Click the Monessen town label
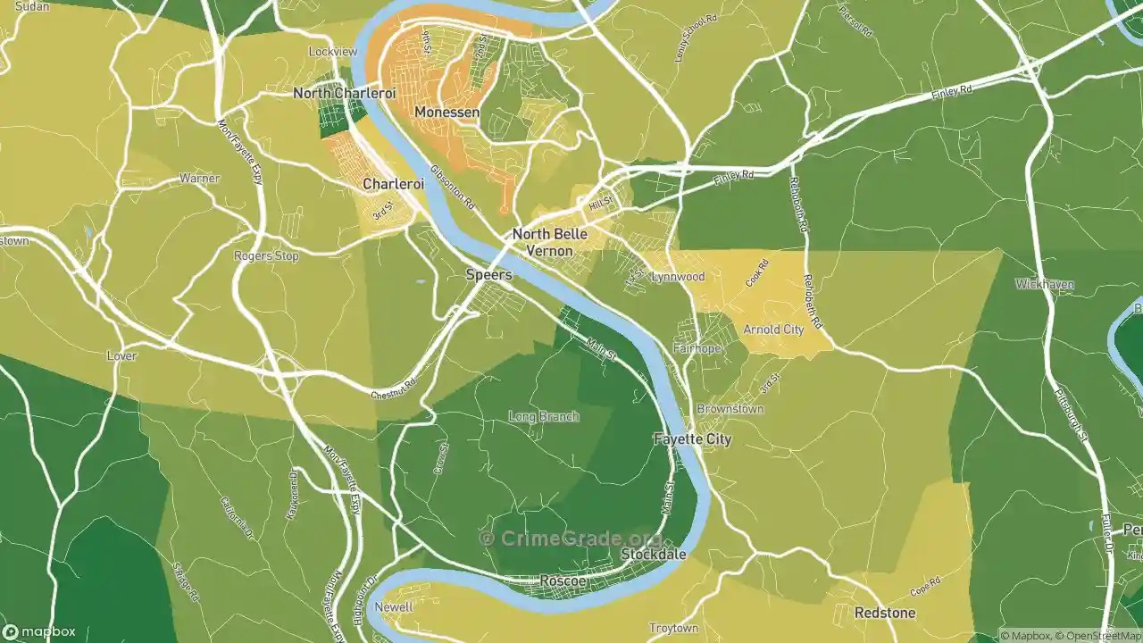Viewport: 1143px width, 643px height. pyautogui.click(x=446, y=113)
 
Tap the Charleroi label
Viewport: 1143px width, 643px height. pyautogui.click(x=393, y=184)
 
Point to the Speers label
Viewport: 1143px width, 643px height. pyautogui.click(x=489, y=275)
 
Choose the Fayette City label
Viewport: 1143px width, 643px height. pyautogui.click(x=692, y=439)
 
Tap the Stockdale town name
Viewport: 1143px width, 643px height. pyautogui.click(x=654, y=555)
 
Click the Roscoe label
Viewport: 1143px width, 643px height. pyautogui.click(x=563, y=581)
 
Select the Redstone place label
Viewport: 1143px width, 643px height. pyautogui.click(x=884, y=613)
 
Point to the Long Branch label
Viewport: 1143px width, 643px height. pyautogui.click(x=543, y=416)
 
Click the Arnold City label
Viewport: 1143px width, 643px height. pyautogui.click(x=773, y=330)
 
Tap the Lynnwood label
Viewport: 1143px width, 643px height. pyautogui.click(x=678, y=277)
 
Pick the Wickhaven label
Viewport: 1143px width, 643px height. pyautogui.click(x=1044, y=284)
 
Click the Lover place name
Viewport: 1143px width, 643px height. pyautogui.click(x=121, y=355)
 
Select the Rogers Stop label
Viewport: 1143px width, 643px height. pyautogui.click(x=266, y=255)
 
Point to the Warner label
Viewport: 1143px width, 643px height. pyautogui.click(x=199, y=179)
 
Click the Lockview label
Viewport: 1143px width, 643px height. pyautogui.click(x=332, y=52)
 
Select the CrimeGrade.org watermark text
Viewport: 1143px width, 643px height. pyautogui.click(x=571, y=539)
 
